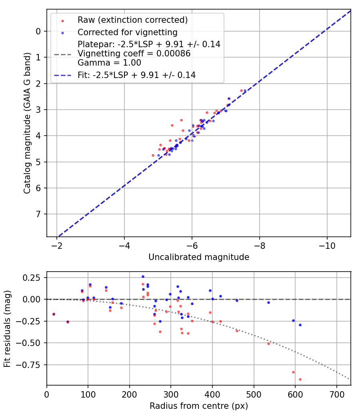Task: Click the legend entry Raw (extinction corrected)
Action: point(132,20)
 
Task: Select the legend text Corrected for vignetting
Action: point(127,32)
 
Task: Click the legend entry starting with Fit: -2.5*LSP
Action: point(136,75)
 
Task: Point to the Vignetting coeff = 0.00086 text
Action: point(134,54)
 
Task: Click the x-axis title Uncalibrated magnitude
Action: point(199,257)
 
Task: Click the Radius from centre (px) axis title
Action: point(199,406)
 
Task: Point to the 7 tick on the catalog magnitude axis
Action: point(38,214)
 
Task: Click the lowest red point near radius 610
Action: point(300,379)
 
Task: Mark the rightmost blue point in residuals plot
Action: point(300,325)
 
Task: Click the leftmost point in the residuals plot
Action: point(54,314)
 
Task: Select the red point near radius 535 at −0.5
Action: point(268,344)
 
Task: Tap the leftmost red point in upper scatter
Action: point(153,155)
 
